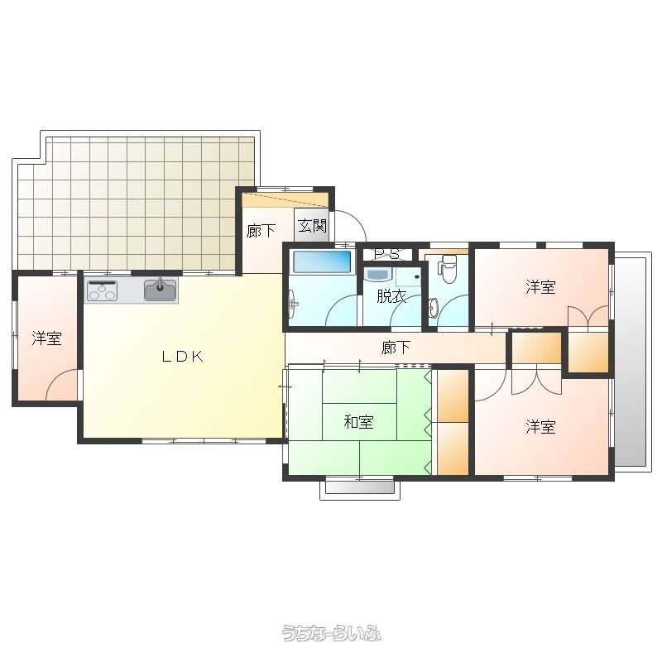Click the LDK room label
(182, 357)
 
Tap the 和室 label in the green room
(359, 422)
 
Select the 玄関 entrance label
(313, 226)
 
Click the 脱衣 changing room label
(391, 296)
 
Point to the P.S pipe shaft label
(387, 254)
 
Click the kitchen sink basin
(161, 289)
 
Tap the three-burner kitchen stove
(102, 290)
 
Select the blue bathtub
(322, 261)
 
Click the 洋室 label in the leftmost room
(47, 338)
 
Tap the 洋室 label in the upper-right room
(540, 286)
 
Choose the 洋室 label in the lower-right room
(540, 427)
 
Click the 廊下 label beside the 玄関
(261, 231)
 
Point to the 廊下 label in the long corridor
(396, 348)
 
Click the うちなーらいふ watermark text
(332, 633)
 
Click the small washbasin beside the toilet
(433, 306)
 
